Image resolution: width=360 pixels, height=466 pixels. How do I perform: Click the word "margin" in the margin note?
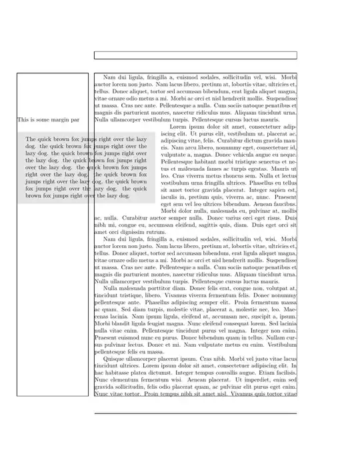tap(59, 120)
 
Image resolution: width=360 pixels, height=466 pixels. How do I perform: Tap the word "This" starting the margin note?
tap(24, 120)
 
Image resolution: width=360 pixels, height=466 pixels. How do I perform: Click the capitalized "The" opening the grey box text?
tap(31, 139)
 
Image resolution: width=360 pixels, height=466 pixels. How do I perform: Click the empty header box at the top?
tap(195, 55)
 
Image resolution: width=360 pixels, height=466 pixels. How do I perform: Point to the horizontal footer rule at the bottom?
tap(195, 413)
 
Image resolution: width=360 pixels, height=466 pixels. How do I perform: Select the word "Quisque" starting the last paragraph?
tap(116, 359)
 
